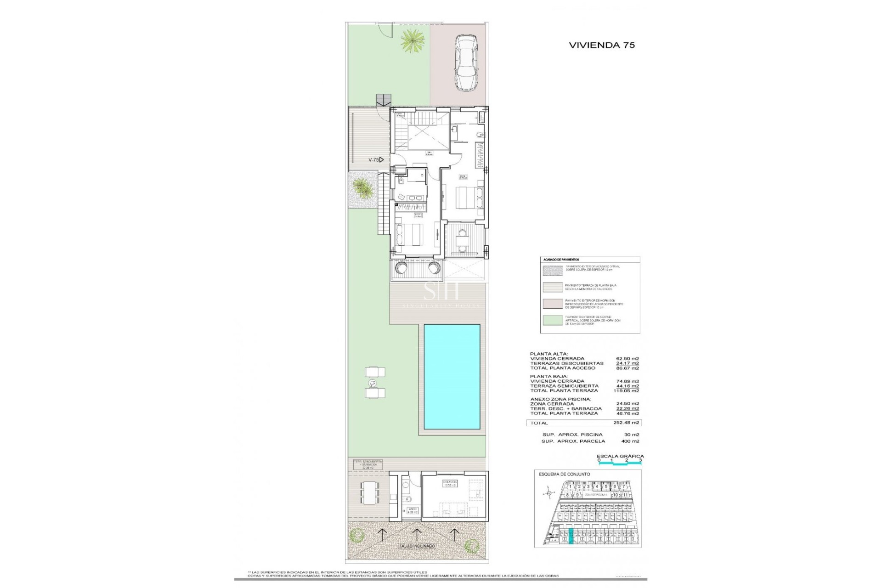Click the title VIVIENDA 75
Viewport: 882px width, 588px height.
(602, 45)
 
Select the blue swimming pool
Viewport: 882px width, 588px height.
(452, 376)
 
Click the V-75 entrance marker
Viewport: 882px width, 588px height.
(376, 160)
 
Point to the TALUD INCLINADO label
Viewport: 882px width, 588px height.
(417, 546)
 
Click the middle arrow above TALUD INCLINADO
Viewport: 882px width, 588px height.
(417, 533)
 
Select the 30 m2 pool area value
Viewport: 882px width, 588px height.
(632, 435)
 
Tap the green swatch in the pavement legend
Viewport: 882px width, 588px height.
(553, 320)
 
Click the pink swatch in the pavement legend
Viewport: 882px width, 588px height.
(553, 304)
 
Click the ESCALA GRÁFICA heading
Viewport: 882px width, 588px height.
(620, 456)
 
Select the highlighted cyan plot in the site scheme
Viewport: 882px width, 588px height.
(571, 536)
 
